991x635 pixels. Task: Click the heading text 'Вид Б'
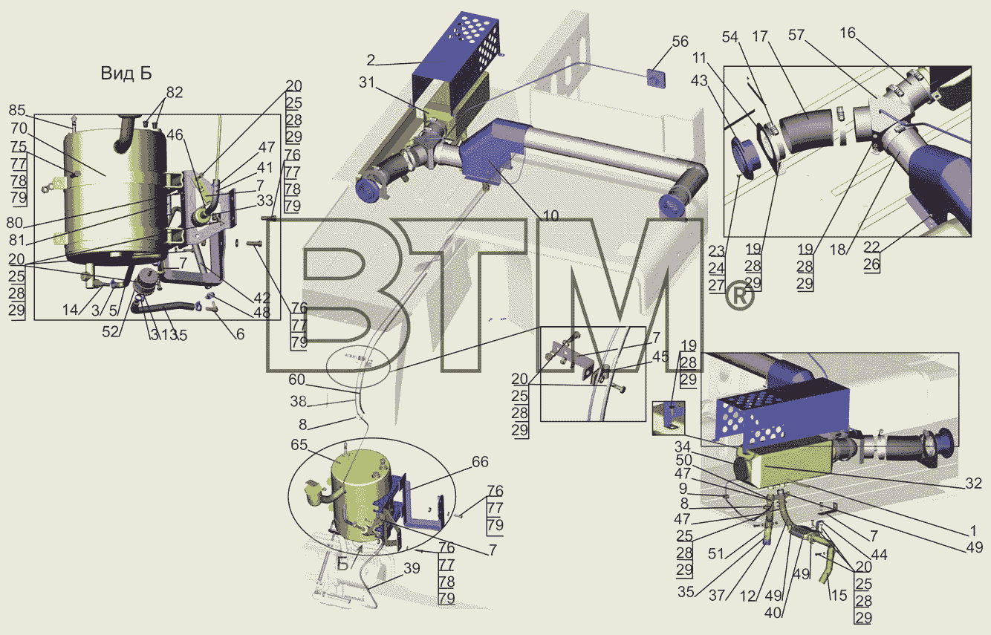point(126,74)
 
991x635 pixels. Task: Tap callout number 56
point(680,42)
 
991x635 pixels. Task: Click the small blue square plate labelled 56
point(657,78)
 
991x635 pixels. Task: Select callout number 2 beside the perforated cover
point(371,60)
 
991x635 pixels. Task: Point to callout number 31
point(367,82)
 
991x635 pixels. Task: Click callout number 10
point(550,216)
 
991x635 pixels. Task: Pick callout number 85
point(17,110)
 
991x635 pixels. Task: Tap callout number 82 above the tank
point(175,92)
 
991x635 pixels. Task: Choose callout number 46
point(175,135)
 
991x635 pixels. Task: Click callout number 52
point(111,332)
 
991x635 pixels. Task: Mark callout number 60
point(297,380)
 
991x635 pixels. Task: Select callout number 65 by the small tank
point(299,445)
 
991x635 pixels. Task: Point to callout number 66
point(480,462)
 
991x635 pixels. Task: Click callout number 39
point(412,568)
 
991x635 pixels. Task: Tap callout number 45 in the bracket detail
point(660,356)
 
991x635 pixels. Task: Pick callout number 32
point(973,483)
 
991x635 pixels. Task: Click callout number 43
point(699,80)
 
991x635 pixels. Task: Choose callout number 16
point(848,33)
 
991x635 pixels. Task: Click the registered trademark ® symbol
point(740,297)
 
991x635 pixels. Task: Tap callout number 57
point(796,35)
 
